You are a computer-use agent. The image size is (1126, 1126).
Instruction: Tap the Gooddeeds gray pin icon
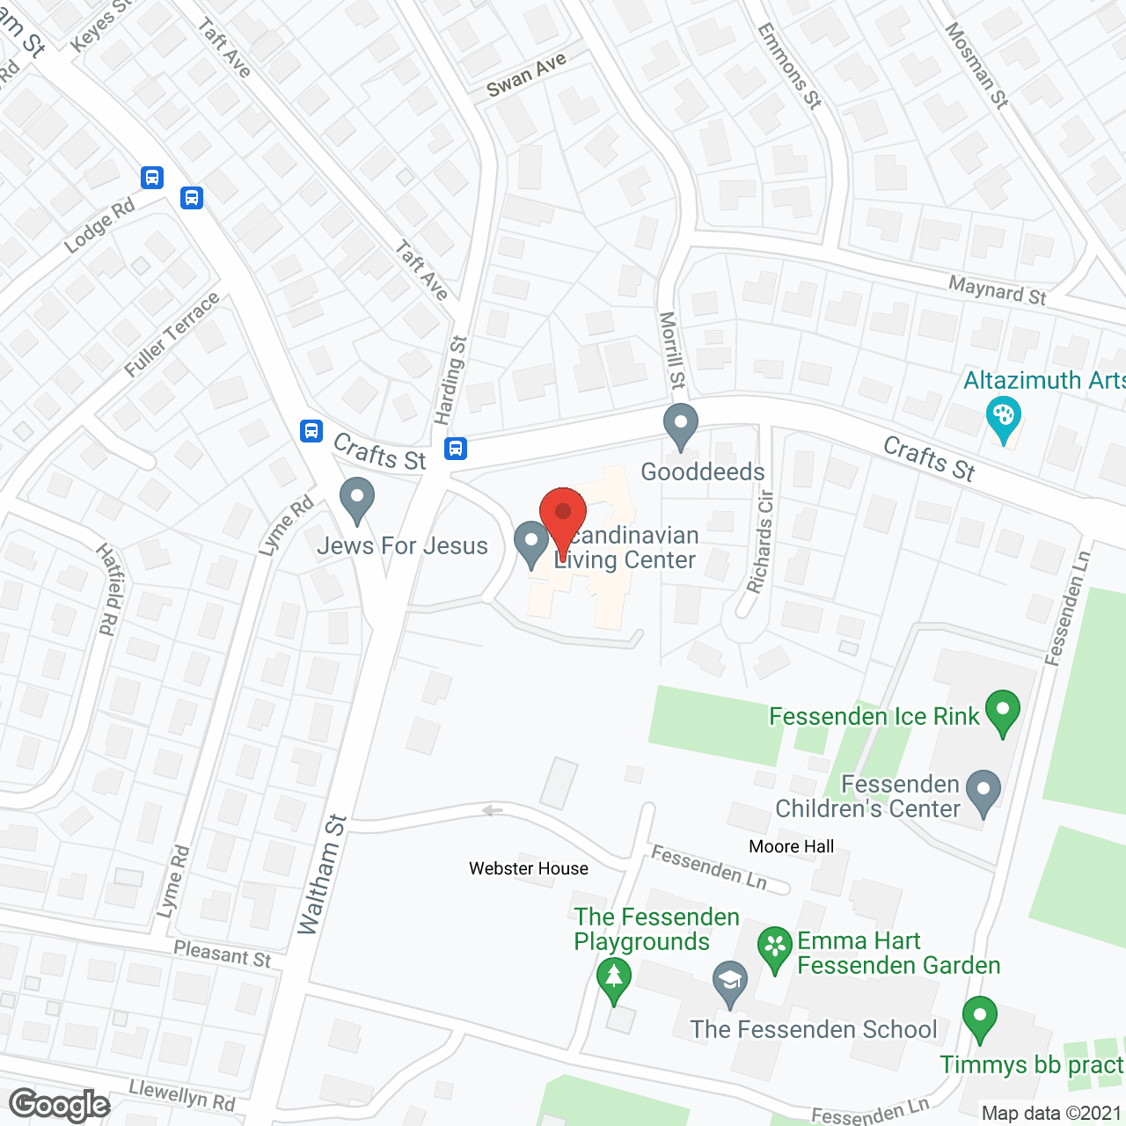pyautogui.click(x=680, y=427)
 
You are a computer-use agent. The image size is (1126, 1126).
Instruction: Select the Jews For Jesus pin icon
pyautogui.click(x=356, y=500)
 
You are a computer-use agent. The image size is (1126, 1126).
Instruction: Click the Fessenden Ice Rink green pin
pyautogui.click(x=1002, y=713)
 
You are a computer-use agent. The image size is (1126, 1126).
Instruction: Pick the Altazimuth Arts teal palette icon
pyautogui.click(x=1003, y=419)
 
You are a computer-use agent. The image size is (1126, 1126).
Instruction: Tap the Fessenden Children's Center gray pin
pyautogui.click(x=983, y=793)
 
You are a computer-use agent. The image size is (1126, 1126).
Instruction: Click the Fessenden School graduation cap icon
pyautogui.click(x=729, y=983)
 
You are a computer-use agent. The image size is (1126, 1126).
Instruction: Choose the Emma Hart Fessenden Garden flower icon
pyautogui.click(x=775, y=949)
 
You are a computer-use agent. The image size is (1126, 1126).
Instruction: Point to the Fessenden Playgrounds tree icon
pyautogui.click(x=614, y=979)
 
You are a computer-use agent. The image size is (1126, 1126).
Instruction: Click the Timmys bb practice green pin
pyautogui.click(x=979, y=1019)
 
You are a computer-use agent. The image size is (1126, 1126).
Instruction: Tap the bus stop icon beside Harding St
pyautogui.click(x=455, y=449)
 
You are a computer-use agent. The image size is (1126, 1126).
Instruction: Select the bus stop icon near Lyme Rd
pyautogui.click(x=311, y=430)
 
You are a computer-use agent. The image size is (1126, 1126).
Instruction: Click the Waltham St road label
pyautogui.click(x=322, y=874)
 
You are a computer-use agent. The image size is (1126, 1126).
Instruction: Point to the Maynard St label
pyautogui.click(x=997, y=289)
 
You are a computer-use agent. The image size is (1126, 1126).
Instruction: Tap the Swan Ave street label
pyautogui.click(x=526, y=75)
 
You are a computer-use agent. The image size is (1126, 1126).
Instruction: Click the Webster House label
pyautogui.click(x=529, y=868)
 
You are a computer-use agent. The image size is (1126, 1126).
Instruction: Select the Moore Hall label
pyautogui.click(x=791, y=846)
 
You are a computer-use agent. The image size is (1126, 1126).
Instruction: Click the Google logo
pyautogui.click(x=60, y=1104)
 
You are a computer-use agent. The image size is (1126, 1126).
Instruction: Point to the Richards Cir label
pyautogui.click(x=760, y=540)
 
